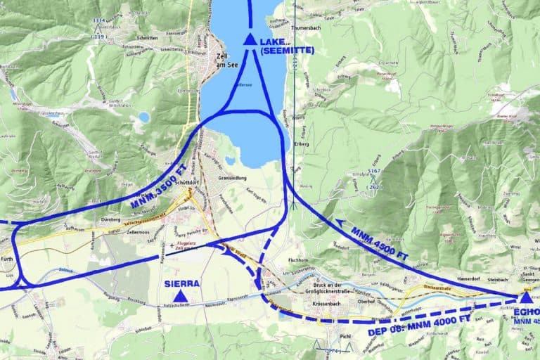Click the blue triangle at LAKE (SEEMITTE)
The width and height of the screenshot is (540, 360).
pyautogui.click(x=250, y=39)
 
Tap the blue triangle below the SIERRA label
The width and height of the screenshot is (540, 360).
pyautogui.click(x=181, y=297)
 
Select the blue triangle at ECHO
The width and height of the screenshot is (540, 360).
pyautogui.click(x=525, y=297)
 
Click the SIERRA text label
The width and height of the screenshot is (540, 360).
pyautogui.click(x=181, y=283)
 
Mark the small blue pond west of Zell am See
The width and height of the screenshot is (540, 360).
pyautogui.click(x=143, y=117)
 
